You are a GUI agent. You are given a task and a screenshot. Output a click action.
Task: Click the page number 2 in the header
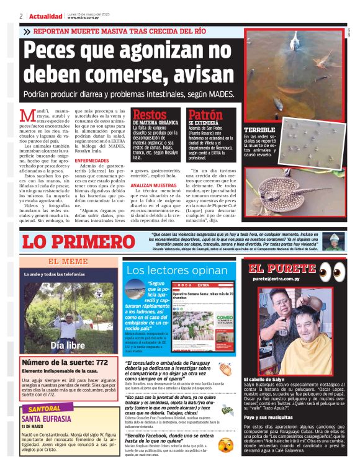pos(21,16)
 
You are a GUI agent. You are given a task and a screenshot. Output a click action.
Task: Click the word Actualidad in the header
pos(45,16)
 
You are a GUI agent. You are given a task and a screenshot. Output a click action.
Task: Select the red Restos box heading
pos(150,115)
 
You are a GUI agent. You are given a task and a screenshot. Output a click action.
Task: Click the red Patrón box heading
pos(205,115)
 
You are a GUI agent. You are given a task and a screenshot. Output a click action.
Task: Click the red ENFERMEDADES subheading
pos(91,160)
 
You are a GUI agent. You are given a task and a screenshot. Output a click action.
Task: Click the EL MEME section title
pos(68,262)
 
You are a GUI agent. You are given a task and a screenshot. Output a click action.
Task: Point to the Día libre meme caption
pos(68,345)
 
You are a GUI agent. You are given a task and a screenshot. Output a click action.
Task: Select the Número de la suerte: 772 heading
pos(65,362)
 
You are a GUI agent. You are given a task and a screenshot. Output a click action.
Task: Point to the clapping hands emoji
pos(225,369)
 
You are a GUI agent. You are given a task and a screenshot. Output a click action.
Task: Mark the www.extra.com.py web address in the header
pos(84,18)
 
